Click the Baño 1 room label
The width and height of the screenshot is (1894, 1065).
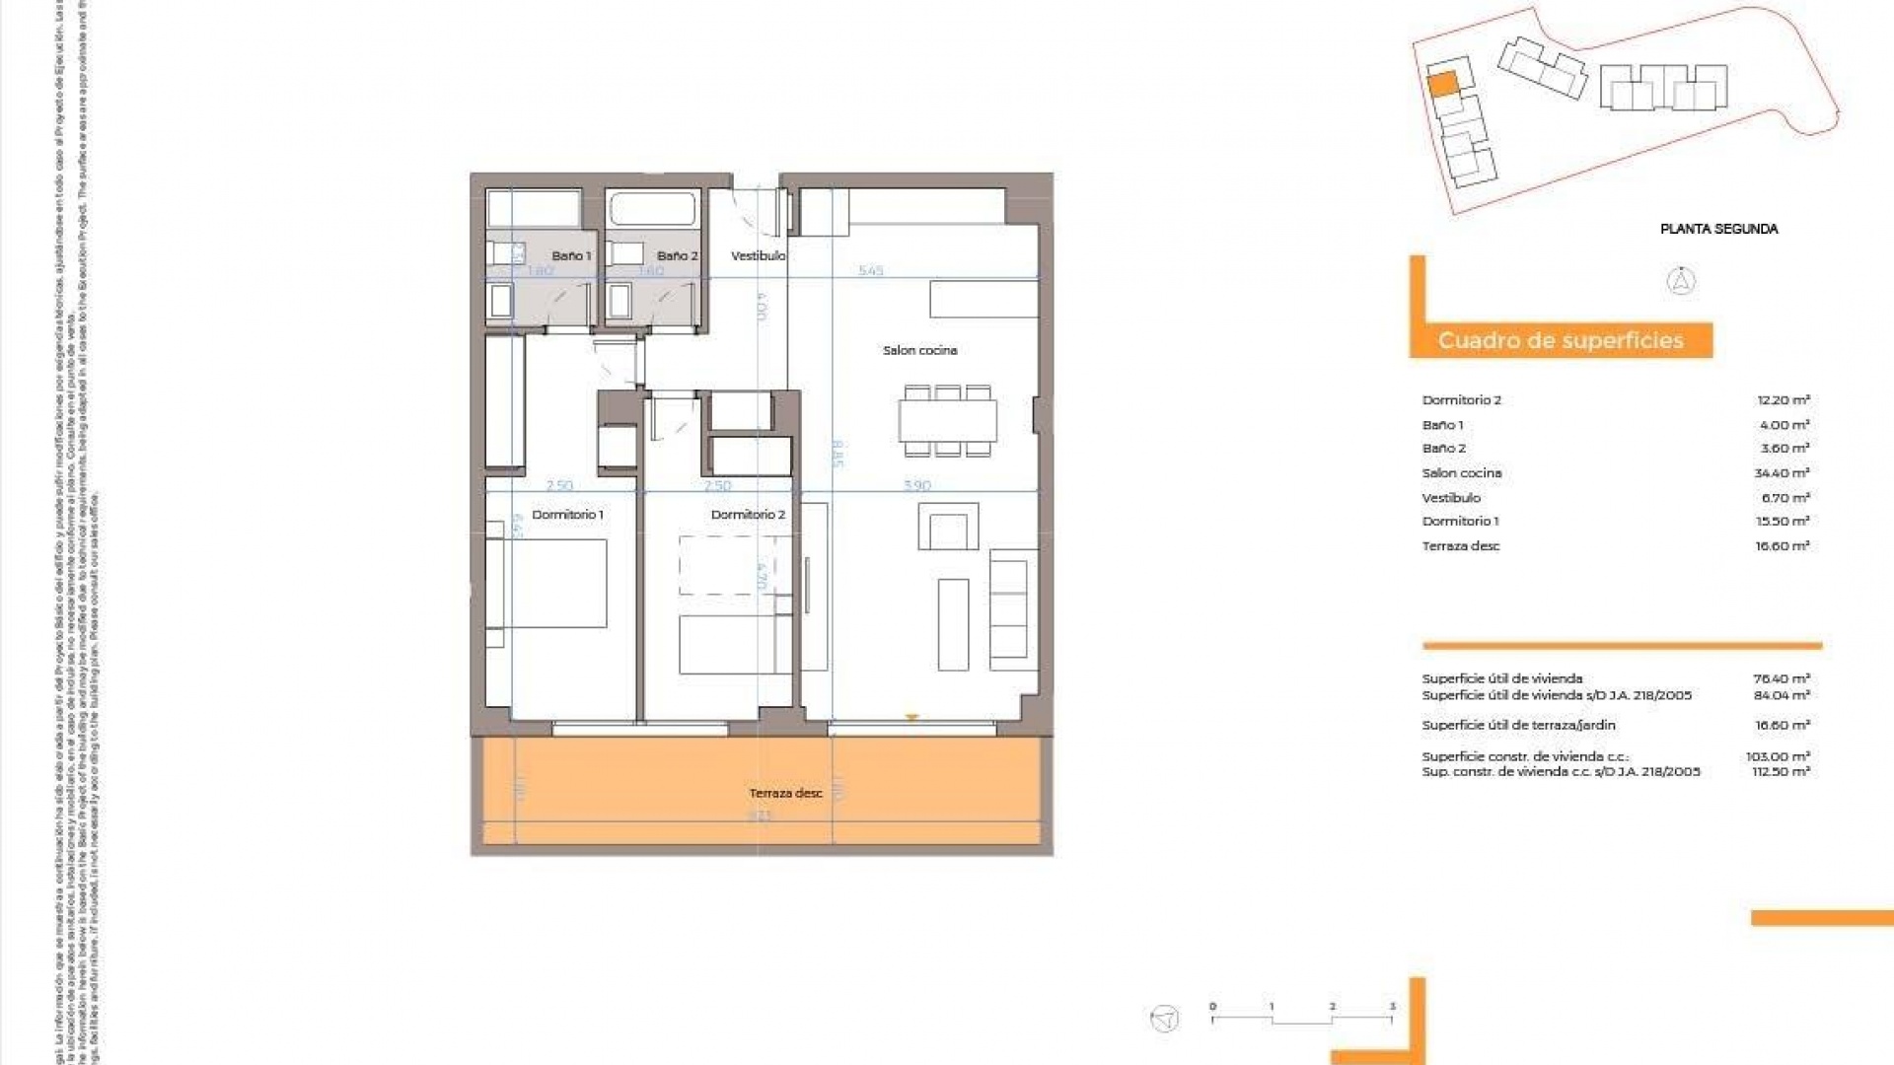tap(571, 255)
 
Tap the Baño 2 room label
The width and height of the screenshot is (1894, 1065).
tap(677, 255)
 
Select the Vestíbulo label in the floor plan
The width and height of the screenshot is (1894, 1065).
tap(758, 255)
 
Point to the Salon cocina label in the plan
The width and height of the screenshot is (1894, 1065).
tap(919, 350)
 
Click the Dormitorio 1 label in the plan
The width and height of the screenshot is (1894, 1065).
tap(567, 515)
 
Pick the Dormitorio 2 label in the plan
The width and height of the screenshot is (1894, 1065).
tap(748, 515)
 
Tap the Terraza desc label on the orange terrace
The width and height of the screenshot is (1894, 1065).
tap(785, 793)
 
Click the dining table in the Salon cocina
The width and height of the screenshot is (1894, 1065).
tap(947, 421)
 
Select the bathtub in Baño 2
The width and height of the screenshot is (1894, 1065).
tap(652, 209)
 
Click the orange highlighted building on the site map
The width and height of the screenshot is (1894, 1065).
tap(1442, 84)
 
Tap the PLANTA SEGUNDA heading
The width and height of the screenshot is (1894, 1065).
tap(1718, 229)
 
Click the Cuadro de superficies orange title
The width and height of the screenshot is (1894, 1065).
tap(1561, 341)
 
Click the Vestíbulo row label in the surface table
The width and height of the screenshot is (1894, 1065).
tap(1451, 498)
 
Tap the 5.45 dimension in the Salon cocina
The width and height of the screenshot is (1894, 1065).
tap(871, 270)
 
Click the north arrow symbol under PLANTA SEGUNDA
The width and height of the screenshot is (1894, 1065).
tap(1681, 282)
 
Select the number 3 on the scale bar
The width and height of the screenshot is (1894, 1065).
tap(1392, 1007)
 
